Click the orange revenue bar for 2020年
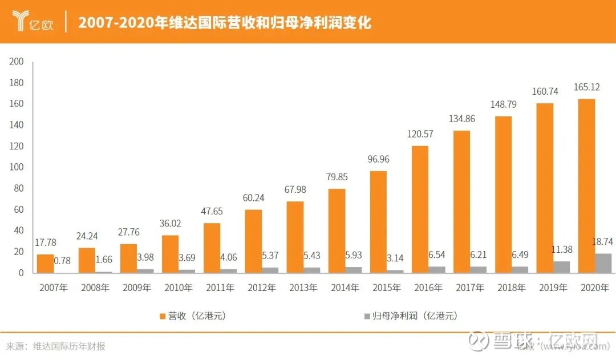[586, 185]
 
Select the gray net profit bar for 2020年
[603, 263]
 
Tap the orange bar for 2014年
[337, 230]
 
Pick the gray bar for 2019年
[562, 266]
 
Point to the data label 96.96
[378, 160]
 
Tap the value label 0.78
[62, 261]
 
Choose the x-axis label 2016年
[428, 288]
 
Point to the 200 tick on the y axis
[17, 62]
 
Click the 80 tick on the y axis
[19, 188]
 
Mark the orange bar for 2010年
[170, 253]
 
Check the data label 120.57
[420, 135]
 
